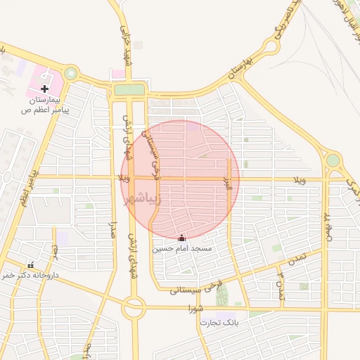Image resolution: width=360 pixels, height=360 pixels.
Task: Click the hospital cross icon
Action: [45, 89]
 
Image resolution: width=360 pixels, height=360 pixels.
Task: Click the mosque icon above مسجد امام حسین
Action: [183, 238]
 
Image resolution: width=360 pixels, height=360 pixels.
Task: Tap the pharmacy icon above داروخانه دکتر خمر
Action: [30, 265]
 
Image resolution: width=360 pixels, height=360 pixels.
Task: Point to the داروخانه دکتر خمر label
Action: [28, 276]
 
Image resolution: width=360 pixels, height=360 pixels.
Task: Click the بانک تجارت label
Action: [219, 323]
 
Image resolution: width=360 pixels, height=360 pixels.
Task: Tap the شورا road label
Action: [196, 308]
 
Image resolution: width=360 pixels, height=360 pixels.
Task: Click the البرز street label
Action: [228, 186]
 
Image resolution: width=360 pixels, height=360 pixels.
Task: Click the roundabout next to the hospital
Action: [70, 72]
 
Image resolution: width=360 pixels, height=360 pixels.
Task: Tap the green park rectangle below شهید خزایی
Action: [129, 89]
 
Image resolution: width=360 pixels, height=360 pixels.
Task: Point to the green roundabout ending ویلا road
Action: [333, 160]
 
